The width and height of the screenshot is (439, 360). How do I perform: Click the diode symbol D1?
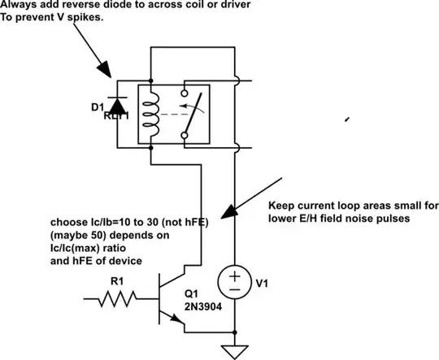click(x=120, y=105)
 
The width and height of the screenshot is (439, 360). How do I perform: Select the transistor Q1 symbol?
click(x=172, y=301)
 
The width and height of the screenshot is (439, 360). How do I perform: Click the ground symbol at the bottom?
click(x=234, y=350)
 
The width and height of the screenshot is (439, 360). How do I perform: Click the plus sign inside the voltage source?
click(x=234, y=277)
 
